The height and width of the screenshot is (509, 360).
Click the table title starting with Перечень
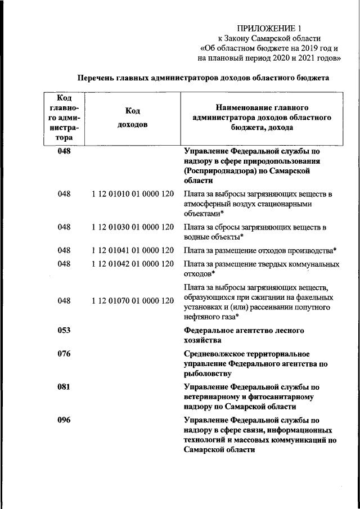click(x=202, y=78)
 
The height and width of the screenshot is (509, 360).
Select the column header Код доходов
click(x=133, y=118)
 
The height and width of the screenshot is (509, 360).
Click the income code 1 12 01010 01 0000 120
click(x=133, y=194)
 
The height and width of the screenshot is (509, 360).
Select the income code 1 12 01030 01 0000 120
click(x=133, y=227)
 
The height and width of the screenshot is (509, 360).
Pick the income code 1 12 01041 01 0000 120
click(x=133, y=250)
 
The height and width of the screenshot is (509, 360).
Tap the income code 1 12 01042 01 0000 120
click(x=133, y=264)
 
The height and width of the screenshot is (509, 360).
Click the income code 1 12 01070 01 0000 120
click(x=133, y=301)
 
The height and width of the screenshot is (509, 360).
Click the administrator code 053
click(x=64, y=330)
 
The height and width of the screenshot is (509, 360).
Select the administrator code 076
click(x=64, y=354)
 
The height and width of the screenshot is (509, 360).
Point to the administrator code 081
click(x=64, y=387)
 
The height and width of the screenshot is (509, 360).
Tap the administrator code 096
click(x=64, y=420)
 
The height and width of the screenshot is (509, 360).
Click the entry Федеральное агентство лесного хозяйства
click(x=244, y=335)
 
